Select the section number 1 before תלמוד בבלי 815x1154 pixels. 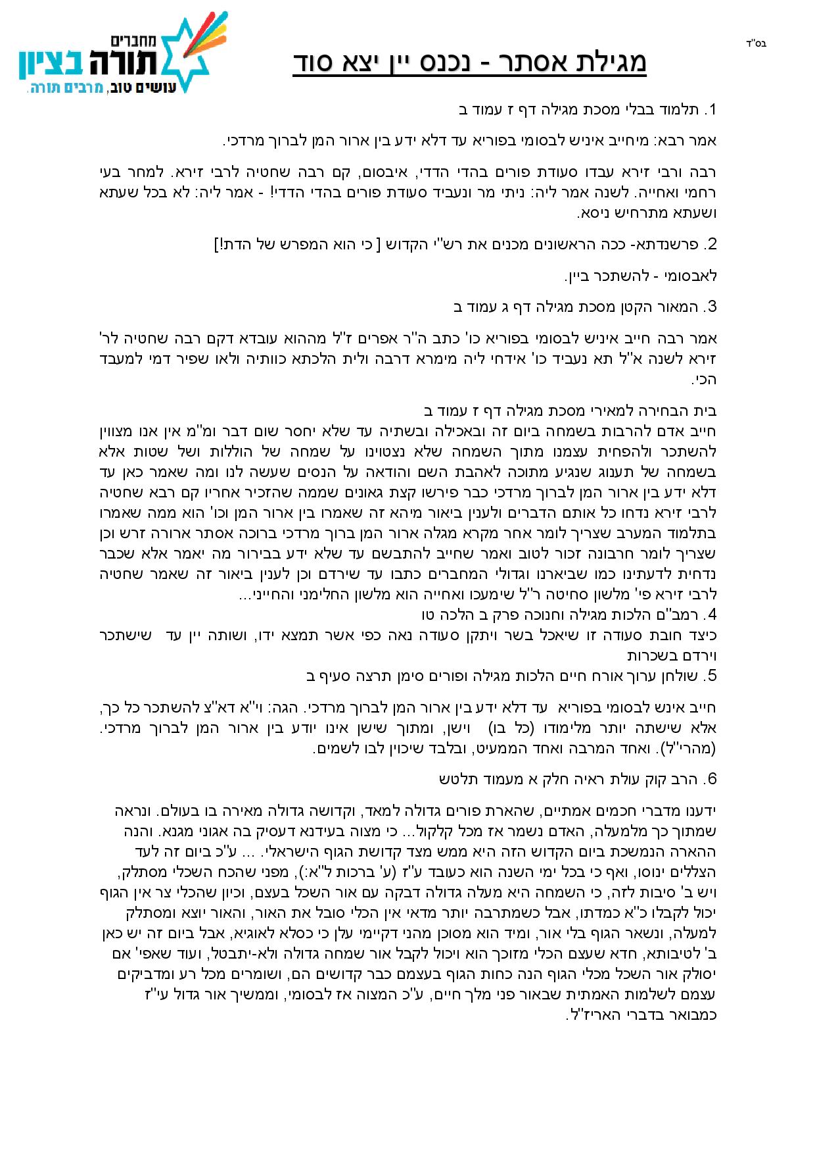coord(712,109)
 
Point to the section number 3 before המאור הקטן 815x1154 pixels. coord(712,308)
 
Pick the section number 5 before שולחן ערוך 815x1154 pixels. coord(712,676)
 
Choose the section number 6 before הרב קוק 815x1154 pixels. coord(712,780)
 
